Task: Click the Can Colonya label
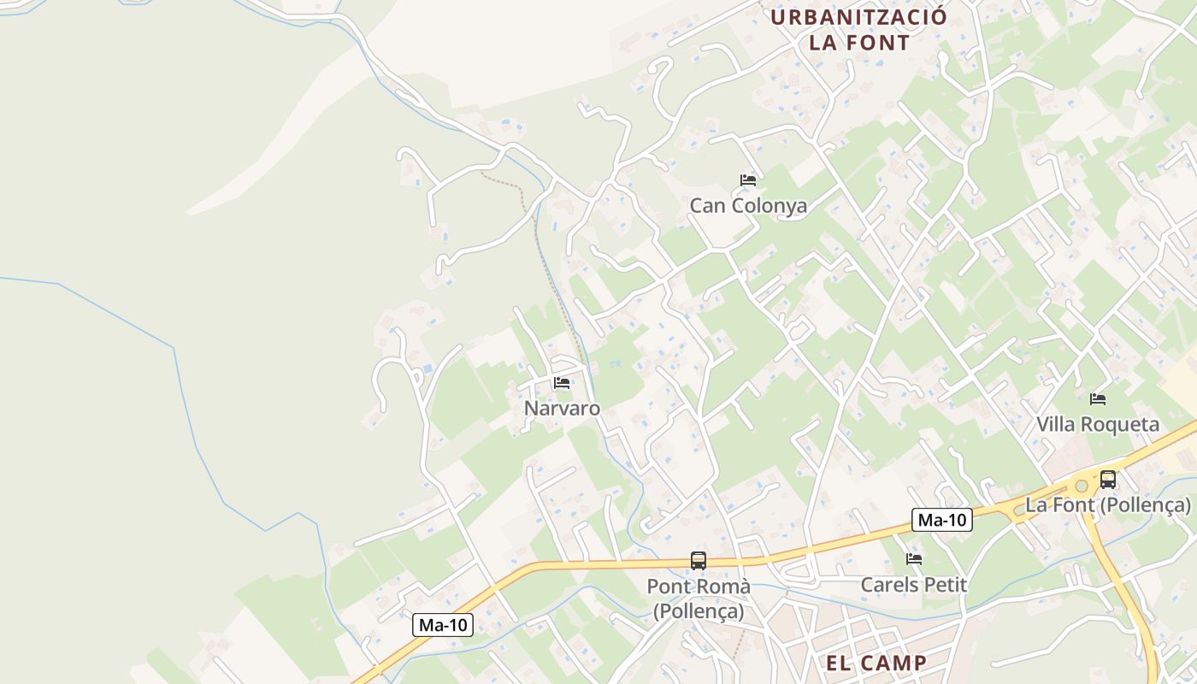[748, 206]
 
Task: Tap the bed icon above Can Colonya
[748, 180]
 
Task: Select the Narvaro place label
[562, 409]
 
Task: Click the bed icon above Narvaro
[562, 383]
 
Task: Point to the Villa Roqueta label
[1098, 424]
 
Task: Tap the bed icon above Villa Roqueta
[1098, 398]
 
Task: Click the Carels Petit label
[913, 585]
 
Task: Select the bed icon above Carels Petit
[914, 559]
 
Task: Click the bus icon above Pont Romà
[699, 561]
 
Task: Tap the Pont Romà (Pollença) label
[699, 598]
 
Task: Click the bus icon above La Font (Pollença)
[1108, 480]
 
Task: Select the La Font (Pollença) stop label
[1108, 505]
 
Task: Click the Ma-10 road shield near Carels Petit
[942, 519]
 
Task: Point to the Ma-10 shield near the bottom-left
[444, 625]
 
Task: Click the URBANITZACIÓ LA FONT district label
[859, 29]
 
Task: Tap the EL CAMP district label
[877, 663]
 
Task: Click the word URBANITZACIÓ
[859, 17]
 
